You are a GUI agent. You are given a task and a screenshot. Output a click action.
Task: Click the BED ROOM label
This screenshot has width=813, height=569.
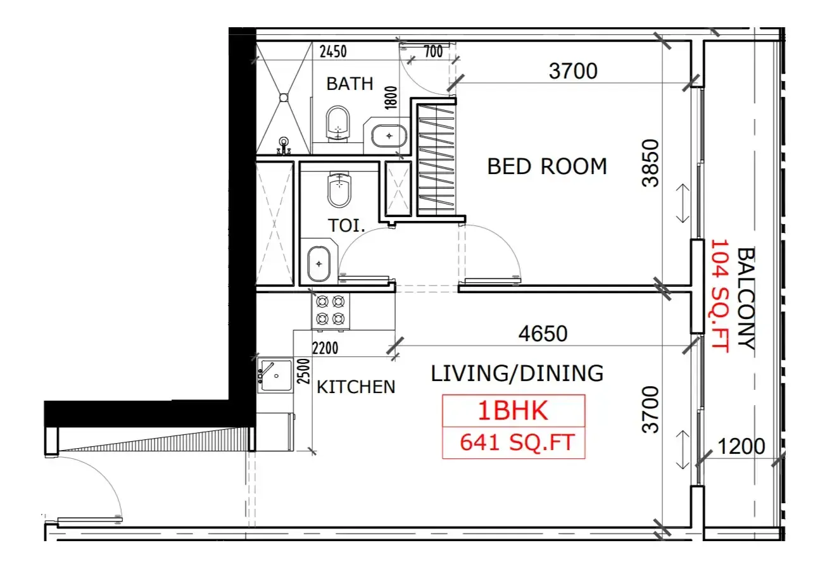(547, 166)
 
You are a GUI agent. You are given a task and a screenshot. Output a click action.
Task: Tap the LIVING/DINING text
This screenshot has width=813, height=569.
(517, 373)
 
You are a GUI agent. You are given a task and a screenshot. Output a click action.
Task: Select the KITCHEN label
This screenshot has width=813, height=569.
(356, 387)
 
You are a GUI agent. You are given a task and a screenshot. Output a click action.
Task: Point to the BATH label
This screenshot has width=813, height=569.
(350, 84)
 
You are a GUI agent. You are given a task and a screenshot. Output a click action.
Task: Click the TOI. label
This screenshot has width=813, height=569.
(346, 225)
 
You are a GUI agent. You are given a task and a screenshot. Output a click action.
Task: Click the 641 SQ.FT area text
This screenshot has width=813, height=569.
(517, 442)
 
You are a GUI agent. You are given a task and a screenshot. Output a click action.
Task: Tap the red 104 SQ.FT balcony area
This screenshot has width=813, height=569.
(720, 296)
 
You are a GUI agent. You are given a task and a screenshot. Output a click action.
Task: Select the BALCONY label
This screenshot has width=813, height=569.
(746, 298)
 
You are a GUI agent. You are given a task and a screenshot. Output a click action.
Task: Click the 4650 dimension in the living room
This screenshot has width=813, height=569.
(543, 334)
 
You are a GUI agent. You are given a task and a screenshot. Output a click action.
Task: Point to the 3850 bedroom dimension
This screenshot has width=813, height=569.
(650, 163)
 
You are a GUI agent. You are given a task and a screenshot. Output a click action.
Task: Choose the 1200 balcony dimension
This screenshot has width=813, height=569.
(741, 446)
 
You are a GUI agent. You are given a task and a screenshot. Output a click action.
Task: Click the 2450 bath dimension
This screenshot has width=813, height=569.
(333, 51)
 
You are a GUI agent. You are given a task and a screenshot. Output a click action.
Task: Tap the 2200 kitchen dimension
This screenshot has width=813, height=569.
(325, 348)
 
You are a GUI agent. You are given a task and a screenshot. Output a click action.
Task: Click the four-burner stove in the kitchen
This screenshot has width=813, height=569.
(331, 311)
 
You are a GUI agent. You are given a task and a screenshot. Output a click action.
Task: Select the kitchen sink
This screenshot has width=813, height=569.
(275, 375)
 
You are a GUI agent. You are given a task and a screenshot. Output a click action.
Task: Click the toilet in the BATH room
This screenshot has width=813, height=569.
(338, 124)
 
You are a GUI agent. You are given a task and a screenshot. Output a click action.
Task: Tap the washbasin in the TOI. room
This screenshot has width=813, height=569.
(319, 264)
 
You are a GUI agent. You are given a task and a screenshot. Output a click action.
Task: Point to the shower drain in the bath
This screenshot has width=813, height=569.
(284, 97)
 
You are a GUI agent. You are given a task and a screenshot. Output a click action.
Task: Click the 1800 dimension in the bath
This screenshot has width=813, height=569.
(391, 97)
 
